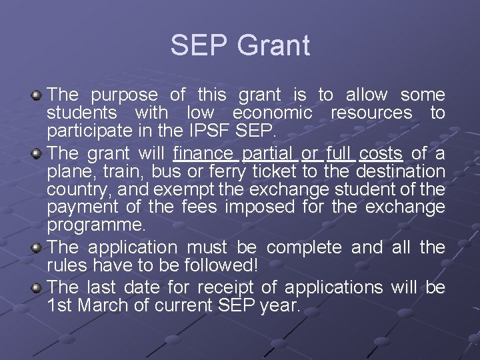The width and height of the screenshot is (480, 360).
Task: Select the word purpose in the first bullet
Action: [x=124, y=96]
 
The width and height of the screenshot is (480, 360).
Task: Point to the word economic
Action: [x=272, y=113]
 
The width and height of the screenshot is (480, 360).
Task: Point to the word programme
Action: [x=96, y=224]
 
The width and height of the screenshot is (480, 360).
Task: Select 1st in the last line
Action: [x=62, y=306]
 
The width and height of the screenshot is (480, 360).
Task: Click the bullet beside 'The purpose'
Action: [x=37, y=96]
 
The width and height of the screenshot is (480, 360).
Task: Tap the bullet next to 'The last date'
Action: [x=37, y=288]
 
